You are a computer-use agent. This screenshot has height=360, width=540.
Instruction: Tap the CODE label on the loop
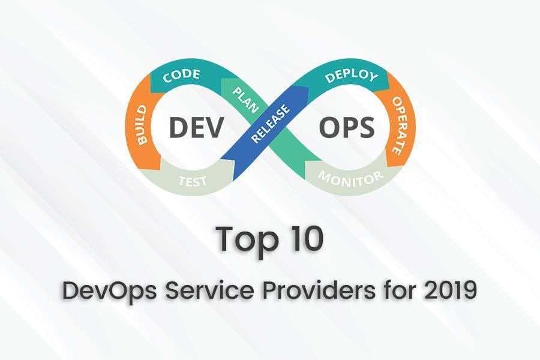click(x=182, y=77)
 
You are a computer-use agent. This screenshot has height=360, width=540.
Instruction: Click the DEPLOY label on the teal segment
click(x=350, y=77)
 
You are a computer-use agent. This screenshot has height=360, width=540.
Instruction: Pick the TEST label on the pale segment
click(x=194, y=179)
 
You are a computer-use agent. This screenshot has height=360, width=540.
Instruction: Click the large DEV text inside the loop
click(x=196, y=127)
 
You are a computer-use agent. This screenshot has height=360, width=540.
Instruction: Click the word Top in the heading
click(x=245, y=239)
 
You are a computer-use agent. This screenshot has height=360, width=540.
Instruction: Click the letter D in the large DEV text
click(x=178, y=127)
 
